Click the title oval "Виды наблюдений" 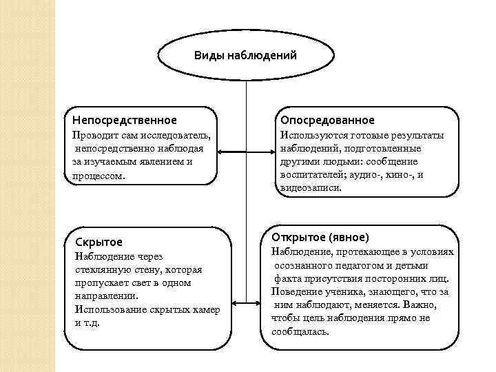(x=245, y=55)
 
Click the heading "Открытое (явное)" (x=321, y=236)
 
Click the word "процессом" (x=99, y=176)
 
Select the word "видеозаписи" (x=311, y=187)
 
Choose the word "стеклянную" (x=101, y=269)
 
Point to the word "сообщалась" (x=300, y=331)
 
